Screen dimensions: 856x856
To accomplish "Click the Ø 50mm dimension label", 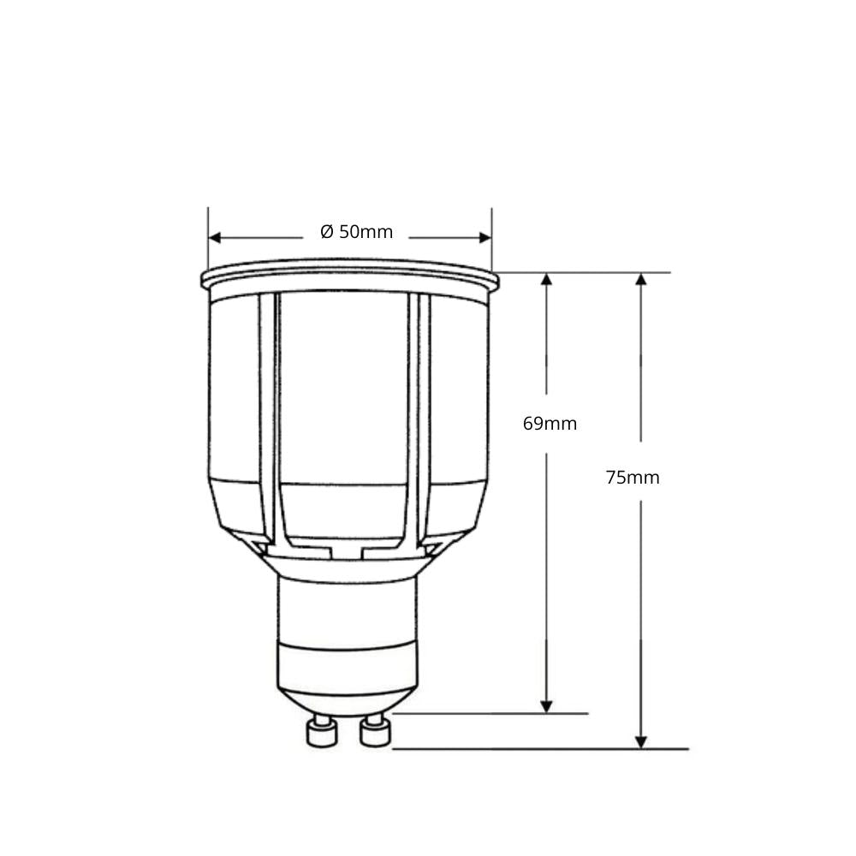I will tap(357, 232).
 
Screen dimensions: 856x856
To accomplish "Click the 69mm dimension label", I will tap(550, 424).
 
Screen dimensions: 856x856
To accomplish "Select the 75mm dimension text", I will tap(633, 478).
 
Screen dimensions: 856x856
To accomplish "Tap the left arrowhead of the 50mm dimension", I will tap(216, 238).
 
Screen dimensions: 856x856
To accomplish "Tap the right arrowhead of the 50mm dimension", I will tap(484, 238).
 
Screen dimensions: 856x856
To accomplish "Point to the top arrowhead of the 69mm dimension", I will tap(547, 280).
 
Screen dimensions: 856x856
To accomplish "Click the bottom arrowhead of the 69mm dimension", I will tap(547, 705).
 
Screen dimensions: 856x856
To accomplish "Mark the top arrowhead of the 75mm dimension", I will tap(641, 280).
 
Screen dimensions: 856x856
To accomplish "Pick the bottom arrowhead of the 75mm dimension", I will tap(641, 741).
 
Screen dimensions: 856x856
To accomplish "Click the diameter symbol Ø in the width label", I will tap(326, 232).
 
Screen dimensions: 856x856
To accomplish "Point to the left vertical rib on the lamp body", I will tap(268, 419).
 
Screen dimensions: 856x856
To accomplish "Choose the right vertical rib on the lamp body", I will tap(419, 419).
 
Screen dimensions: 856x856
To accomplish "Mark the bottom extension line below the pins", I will tap(539, 749).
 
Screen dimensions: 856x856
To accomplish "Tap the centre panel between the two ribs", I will tap(343, 394).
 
